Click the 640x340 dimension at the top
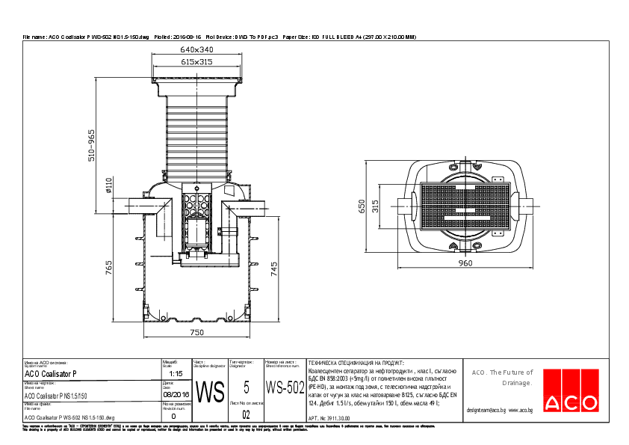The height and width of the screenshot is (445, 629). [x=196, y=49]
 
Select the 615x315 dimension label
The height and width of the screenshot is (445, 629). [x=196, y=62]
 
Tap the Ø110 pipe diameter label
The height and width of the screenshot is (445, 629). [x=109, y=185]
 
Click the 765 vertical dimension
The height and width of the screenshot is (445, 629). [x=109, y=268]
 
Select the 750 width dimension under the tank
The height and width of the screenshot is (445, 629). [x=196, y=331]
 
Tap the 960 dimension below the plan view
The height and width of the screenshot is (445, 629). [x=467, y=263]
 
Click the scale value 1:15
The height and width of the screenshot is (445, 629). [x=176, y=372]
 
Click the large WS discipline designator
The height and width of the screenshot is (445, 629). [x=209, y=390]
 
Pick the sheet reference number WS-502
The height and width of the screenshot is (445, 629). [x=285, y=388]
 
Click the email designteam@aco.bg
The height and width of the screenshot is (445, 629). [x=486, y=411]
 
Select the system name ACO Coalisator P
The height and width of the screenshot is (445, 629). [x=51, y=373]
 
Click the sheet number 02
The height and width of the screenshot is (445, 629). [x=247, y=413]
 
